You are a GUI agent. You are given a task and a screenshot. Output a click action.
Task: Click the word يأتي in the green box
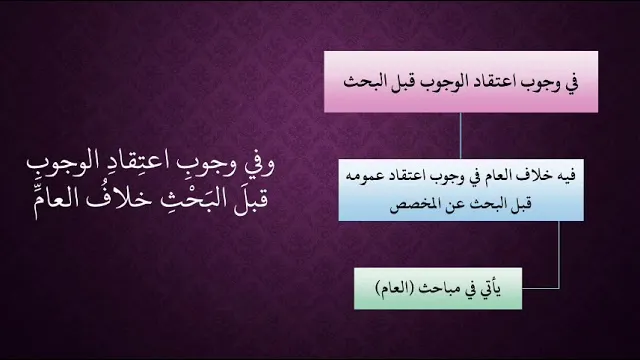click(x=491, y=289)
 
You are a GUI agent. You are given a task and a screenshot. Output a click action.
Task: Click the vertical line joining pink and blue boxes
click(x=461, y=136)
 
